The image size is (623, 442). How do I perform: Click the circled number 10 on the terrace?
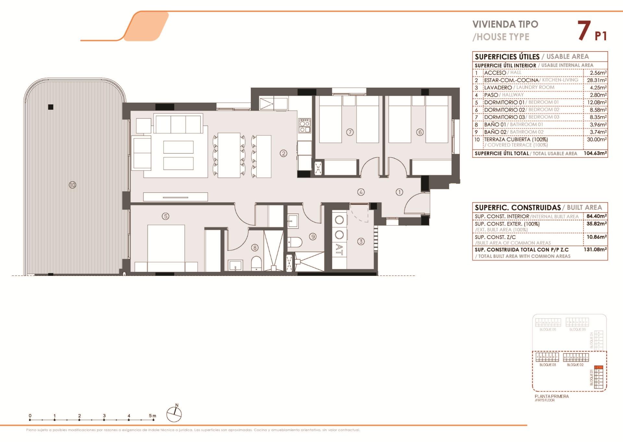click(72, 185)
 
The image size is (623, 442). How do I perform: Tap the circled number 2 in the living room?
click(284, 153)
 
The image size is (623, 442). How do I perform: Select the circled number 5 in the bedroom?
click(165, 216)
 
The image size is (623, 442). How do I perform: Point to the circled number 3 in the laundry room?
click(361, 241)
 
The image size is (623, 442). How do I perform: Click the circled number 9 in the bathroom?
click(313, 237)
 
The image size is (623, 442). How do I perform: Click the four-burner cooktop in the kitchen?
click(305, 126)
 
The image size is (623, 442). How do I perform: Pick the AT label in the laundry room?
click(339, 250)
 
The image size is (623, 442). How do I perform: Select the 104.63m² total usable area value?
click(595, 153)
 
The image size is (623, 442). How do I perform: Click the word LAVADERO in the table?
click(498, 88)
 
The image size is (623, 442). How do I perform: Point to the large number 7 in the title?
click(584, 31)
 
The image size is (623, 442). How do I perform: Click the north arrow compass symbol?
click(174, 414)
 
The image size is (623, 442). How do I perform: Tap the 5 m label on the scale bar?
click(152, 416)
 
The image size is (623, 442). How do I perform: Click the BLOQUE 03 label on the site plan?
click(547, 365)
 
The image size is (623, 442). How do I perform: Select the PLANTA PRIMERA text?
click(552, 396)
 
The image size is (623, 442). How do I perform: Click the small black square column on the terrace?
click(51, 107)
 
